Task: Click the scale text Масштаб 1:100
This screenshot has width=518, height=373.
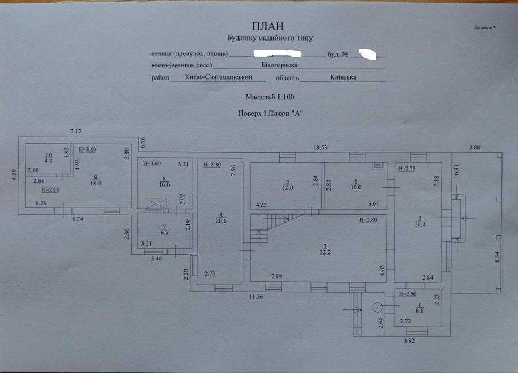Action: point(269,97)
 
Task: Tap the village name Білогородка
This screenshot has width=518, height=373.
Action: point(280,65)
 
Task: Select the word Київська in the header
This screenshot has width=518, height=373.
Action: point(343,77)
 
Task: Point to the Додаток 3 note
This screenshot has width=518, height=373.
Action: point(484,27)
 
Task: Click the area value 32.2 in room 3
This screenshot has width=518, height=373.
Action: point(320,251)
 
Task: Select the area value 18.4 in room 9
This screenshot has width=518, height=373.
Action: point(95,183)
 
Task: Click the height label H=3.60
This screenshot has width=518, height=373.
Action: point(87,150)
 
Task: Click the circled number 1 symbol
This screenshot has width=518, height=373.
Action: point(377,307)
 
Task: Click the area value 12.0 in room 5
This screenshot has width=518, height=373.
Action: point(288,187)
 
